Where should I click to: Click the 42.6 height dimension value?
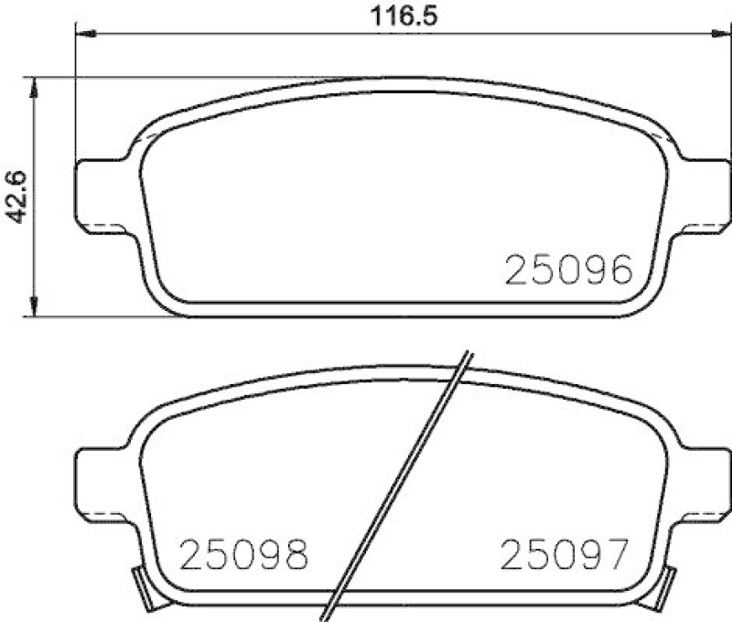point(16,197)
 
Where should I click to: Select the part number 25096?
point(568,271)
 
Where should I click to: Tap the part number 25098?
point(244,554)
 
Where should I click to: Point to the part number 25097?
point(565,554)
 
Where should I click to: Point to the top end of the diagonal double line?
point(466,356)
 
